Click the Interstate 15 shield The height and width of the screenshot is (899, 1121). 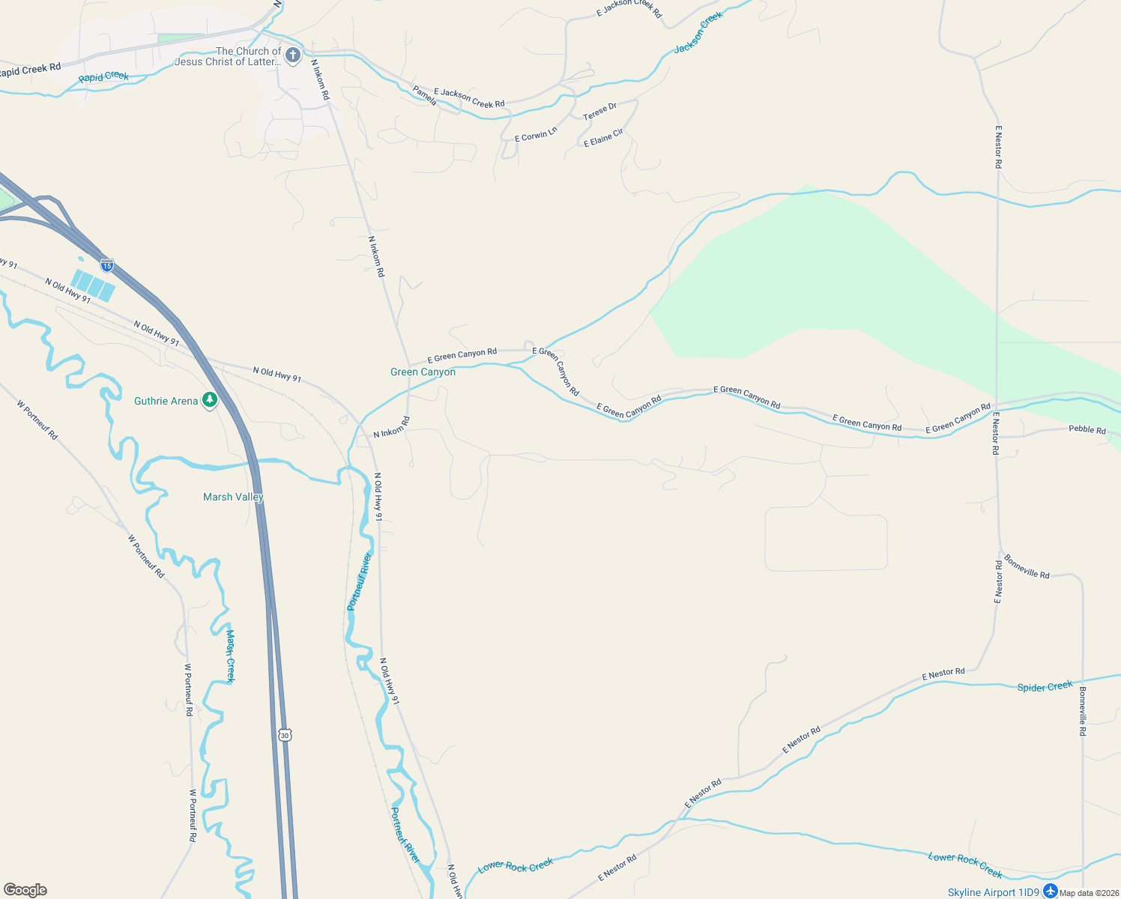[x=107, y=264]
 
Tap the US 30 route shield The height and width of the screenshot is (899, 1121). [x=284, y=735]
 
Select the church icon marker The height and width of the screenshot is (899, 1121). [x=293, y=55]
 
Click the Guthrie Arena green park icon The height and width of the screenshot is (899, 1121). [x=210, y=401]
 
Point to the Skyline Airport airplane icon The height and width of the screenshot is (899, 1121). [x=1051, y=892]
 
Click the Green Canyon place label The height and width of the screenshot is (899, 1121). [x=423, y=372]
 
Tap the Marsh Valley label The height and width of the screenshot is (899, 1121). [x=233, y=497]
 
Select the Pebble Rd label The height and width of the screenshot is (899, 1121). [x=1087, y=430]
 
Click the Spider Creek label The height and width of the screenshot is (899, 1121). [x=1045, y=686]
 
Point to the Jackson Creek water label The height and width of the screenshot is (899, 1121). [x=698, y=33]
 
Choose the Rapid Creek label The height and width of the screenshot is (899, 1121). [x=103, y=77]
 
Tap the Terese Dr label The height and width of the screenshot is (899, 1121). [x=599, y=112]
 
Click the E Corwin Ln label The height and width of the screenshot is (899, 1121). [x=536, y=135]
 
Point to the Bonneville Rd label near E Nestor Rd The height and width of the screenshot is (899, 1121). [x=1027, y=566]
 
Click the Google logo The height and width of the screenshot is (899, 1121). [x=25, y=890]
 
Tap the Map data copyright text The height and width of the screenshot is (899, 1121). [x=1089, y=893]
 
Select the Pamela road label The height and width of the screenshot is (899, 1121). [x=425, y=96]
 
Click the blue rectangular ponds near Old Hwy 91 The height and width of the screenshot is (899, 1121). [x=93, y=285]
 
